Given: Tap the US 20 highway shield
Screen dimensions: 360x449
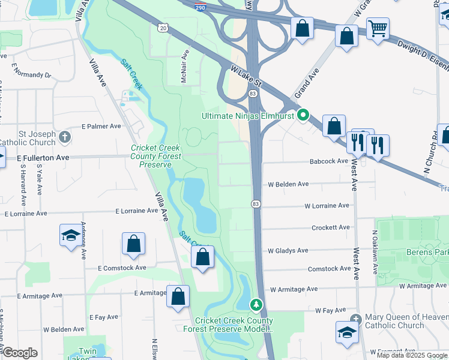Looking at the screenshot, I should (x=163, y=28).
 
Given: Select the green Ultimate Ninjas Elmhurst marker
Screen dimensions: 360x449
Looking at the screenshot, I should (x=304, y=115).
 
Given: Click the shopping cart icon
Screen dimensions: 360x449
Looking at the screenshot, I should (x=378, y=28).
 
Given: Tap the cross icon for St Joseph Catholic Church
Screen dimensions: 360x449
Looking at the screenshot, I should (x=65, y=137).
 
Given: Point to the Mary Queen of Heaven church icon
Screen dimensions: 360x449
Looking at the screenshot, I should (x=355, y=319).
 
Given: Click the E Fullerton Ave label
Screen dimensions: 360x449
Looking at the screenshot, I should (x=43, y=157).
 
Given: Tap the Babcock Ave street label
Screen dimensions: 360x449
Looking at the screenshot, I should (x=329, y=161).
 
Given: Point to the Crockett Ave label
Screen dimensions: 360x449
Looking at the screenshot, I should (x=331, y=227).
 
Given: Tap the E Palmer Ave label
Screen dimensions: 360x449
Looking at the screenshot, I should (x=101, y=127).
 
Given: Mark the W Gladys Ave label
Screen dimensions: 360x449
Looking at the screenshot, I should (x=288, y=250).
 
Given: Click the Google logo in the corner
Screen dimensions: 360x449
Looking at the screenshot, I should (x=20, y=353).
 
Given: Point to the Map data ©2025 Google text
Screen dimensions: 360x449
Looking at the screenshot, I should (x=412, y=355).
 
